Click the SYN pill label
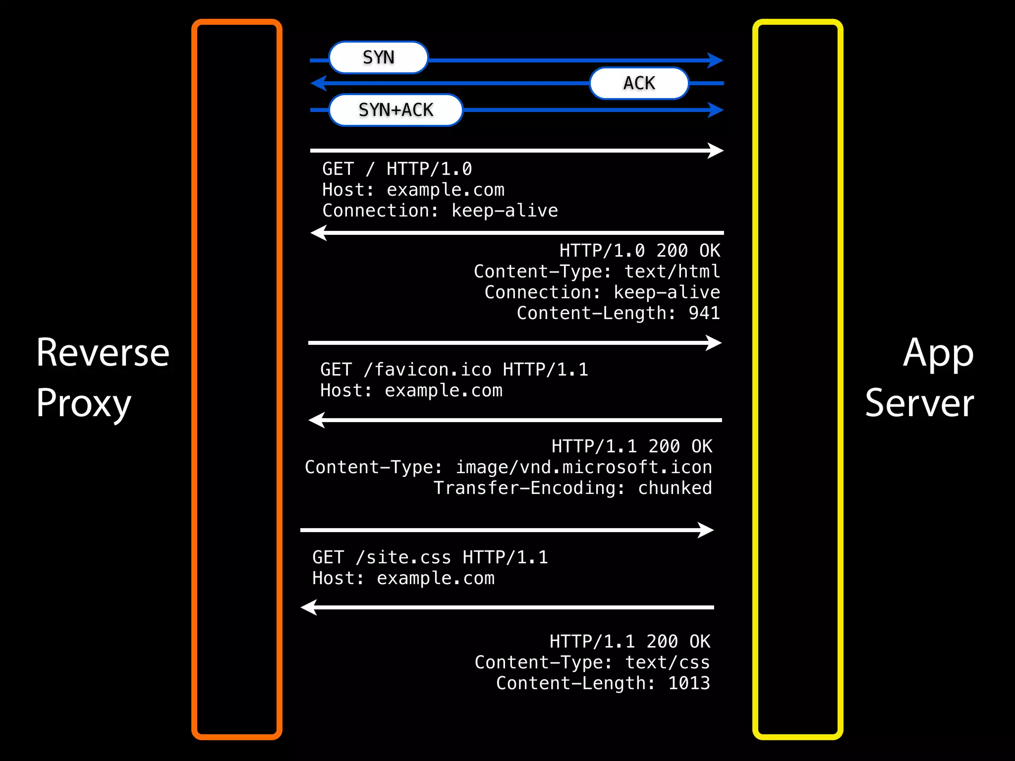click(x=378, y=57)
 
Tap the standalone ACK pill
click(x=639, y=83)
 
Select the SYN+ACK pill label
click(x=395, y=110)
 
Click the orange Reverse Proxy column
click(x=237, y=380)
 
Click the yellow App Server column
click(x=797, y=380)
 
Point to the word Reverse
click(x=103, y=353)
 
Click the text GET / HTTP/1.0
click(x=397, y=169)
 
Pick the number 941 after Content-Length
click(x=704, y=313)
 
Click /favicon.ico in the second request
click(x=428, y=370)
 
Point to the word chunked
click(x=675, y=488)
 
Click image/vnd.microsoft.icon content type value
click(x=583, y=467)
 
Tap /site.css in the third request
click(x=403, y=557)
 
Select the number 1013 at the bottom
click(x=689, y=683)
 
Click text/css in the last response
click(x=667, y=662)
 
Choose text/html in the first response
click(x=672, y=272)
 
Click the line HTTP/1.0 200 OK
click(x=639, y=251)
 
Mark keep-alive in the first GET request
click(x=505, y=211)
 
